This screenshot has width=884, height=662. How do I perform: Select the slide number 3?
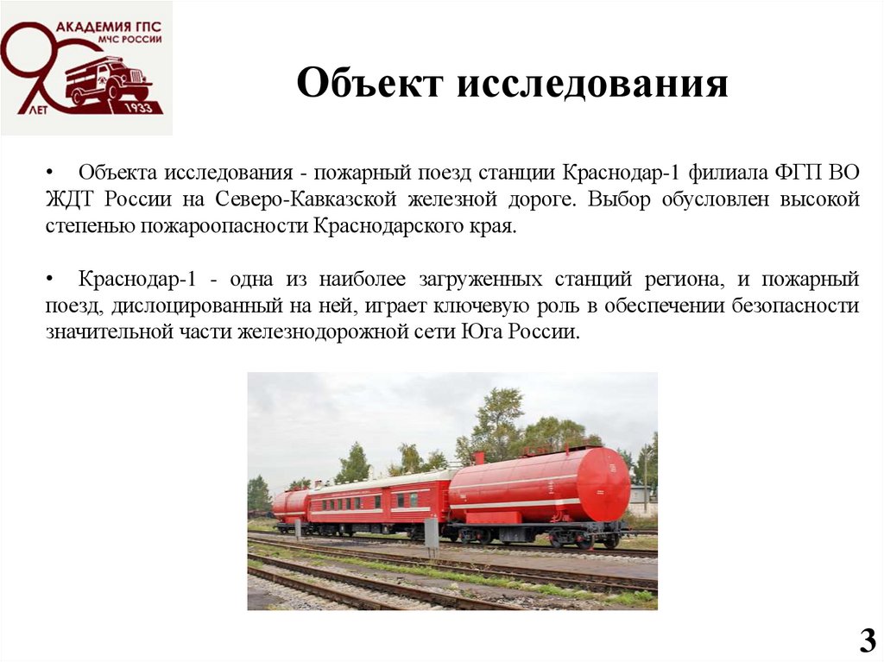click(867, 641)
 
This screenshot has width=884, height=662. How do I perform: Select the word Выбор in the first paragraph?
click(619, 199)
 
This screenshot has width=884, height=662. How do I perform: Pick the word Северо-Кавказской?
click(314, 199)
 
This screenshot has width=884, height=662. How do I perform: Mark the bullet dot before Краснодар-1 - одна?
click(52, 279)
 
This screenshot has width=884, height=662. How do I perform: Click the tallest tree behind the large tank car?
click(499, 423)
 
